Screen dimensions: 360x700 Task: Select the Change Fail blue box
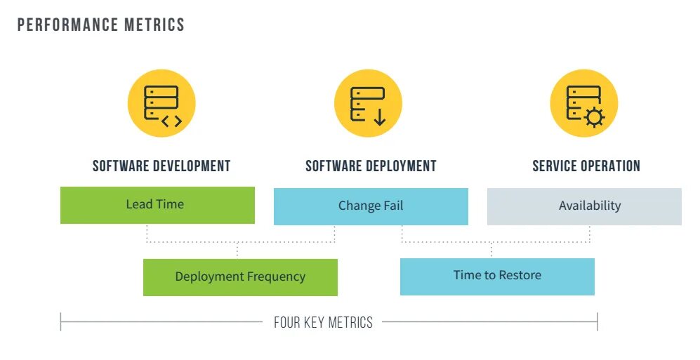(x=371, y=206)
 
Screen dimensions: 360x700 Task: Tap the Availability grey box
(x=584, y=206)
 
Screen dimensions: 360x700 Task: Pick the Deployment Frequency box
(x=240, y=277)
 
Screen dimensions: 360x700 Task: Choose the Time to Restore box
(x=497, y=276)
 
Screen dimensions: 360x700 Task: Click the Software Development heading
(x=161, y=166)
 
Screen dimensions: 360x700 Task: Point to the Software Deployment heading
(x=371, y=166)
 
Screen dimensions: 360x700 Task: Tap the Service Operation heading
(x=586, y=166)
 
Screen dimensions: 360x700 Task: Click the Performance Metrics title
(x=101, y=25)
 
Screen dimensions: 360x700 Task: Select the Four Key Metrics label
(x=323, y=323)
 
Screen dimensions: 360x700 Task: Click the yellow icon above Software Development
(x=161, y=104)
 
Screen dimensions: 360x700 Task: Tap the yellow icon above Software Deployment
(x=368, y=104)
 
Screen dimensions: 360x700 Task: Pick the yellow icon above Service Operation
(x=583, y=104)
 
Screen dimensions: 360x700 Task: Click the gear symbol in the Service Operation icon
(x=595, y=117)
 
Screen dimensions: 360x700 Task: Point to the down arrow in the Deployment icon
(x=380, y=116)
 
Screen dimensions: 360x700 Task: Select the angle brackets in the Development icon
(x=171, y=121)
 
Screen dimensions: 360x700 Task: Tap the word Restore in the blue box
(x=520, y=276)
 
